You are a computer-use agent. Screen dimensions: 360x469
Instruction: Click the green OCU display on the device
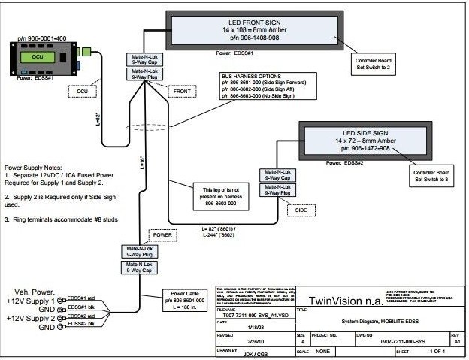38,58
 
